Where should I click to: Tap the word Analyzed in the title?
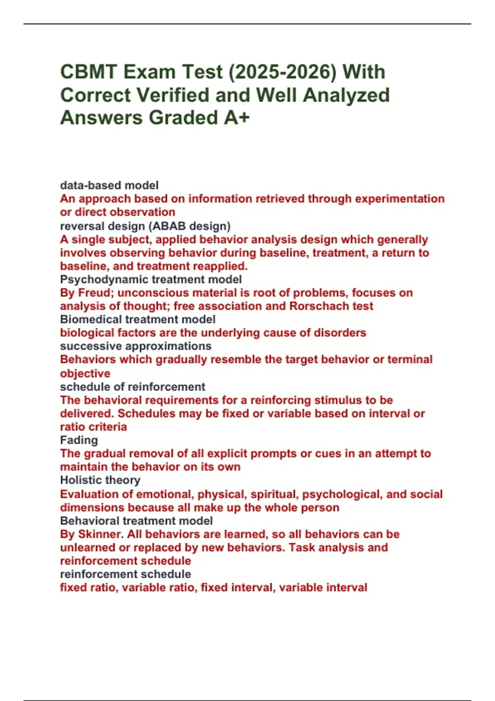(346, 95)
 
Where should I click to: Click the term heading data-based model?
(109, 186)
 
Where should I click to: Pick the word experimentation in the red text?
(399, 199)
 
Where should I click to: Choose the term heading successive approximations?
(135, 346)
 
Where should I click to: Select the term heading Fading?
(79, 440)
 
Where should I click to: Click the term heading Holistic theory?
(100, 480)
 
